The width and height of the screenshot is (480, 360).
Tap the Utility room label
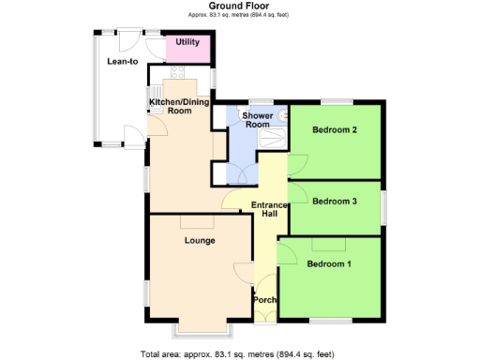click(x=187, y=43)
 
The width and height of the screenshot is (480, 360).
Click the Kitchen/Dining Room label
click(x=170, y=106)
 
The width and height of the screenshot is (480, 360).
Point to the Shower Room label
click(x=257, y=119)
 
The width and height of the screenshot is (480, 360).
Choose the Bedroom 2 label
click(x=335, y=129)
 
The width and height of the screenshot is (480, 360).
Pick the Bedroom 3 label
click(x=335, y=201)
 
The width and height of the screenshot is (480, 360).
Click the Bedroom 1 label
click(x=329, y=263)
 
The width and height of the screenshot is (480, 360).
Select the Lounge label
click(x=199, y=240)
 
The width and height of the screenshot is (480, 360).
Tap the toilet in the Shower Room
click(x=280, y=115)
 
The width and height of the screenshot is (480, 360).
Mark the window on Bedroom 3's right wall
click(x=382, y=206)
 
